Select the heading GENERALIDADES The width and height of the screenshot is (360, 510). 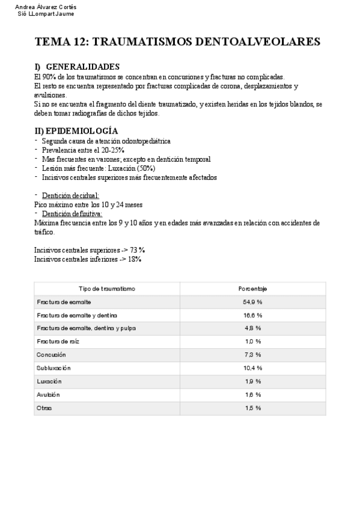(x=82, y=67)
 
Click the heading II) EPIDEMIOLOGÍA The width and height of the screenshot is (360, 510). (x=76, y=131)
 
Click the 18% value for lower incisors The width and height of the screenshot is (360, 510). (x=134, y=259)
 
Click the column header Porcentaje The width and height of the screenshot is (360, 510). (x=252, y=289)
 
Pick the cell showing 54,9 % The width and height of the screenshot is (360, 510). (x=252, y=302)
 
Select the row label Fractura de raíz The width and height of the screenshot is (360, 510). (x=58, y=342)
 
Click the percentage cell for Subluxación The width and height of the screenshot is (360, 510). (x=252, y=368)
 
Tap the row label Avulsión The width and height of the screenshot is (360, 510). (x=49, y=395)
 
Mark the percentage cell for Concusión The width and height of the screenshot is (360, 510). (x=252, y=355)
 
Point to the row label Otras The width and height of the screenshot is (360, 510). (x=44, y=408)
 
